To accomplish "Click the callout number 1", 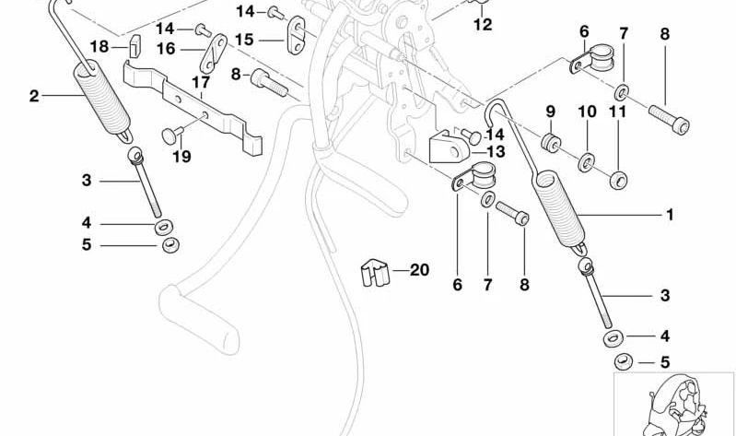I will pos(670,216).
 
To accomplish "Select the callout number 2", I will pos(34,95).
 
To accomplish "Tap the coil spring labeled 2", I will pos(101,101).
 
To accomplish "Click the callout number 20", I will pos(419,271).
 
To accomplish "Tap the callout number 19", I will pos(181,158).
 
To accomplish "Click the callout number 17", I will pos(195,81).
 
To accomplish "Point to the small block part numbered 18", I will pos(131,44).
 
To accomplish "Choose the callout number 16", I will pos(166,48).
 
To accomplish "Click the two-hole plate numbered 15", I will pos(297,31).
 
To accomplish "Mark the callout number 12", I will pos(483,26).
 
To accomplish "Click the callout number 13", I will pos(496,151).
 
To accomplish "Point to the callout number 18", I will pos(99,46).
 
